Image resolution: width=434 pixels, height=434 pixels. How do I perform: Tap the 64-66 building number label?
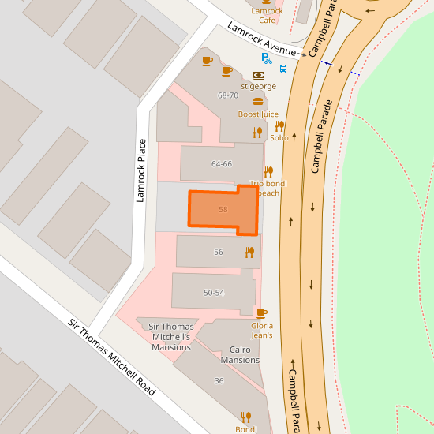[222, 164]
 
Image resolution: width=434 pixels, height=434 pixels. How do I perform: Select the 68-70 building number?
[228, 95]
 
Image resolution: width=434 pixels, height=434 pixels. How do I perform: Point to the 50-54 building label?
[214, 293]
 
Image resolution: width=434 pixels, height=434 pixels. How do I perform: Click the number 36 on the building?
[219, 381]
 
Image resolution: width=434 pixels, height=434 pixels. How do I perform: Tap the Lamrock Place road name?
[141, 170]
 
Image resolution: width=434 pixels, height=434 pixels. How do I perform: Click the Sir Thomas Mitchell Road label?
[111, 357]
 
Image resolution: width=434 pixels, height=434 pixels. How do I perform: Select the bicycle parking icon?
[267, 58]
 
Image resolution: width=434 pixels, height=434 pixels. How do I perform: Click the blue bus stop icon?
[283, 68]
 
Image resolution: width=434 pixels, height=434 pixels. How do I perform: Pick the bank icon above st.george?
[258, 75]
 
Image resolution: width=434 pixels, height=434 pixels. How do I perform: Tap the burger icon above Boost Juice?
[258, 101]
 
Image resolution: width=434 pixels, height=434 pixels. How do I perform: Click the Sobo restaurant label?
[279, 137]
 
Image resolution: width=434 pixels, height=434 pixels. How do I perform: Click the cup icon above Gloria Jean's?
[262, 313]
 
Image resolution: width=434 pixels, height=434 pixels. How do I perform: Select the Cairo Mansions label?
[240, 354]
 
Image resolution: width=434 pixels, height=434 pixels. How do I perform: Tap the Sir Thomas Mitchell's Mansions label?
[171, 337]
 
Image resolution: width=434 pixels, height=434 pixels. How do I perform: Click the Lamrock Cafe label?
[267, 16]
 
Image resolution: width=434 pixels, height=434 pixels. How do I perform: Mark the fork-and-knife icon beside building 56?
[249, 253]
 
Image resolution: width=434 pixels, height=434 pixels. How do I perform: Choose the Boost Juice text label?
[258, 114]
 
